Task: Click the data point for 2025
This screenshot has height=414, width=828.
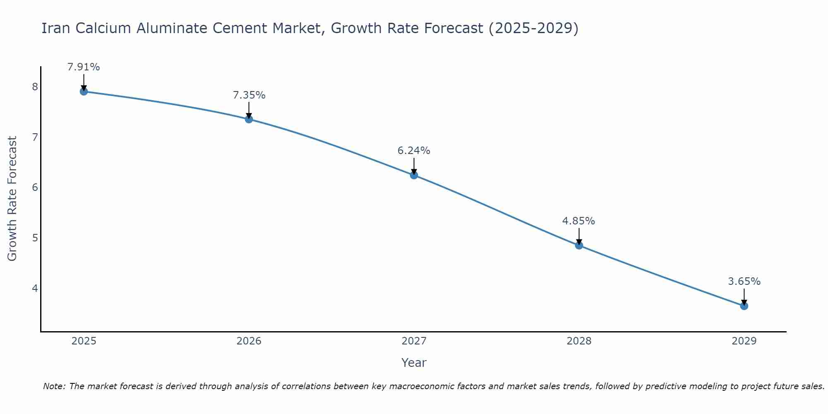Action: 84,91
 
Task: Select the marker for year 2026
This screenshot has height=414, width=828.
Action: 249,119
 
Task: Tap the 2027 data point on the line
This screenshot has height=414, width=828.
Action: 414,175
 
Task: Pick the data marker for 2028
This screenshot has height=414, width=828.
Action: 579,246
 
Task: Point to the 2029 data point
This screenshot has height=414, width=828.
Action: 744,306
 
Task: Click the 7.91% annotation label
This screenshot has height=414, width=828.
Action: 84,67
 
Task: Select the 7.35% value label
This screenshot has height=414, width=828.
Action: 249,95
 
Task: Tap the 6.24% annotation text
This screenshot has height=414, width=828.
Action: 414,151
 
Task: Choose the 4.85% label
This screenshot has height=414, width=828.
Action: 578,221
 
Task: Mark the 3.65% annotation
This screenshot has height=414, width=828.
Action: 744,282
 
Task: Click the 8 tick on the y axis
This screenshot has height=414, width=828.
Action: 35,87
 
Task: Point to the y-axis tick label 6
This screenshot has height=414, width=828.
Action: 35,188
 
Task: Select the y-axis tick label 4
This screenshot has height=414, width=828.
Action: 35,288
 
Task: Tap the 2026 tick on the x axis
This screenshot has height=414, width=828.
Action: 249,341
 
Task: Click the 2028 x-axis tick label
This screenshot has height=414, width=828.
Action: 579,341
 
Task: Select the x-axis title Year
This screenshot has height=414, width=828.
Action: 414,363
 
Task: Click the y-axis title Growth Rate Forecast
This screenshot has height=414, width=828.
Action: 12,199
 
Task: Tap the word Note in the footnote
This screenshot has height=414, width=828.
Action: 54,386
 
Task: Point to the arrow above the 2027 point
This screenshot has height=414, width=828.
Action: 414,166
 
